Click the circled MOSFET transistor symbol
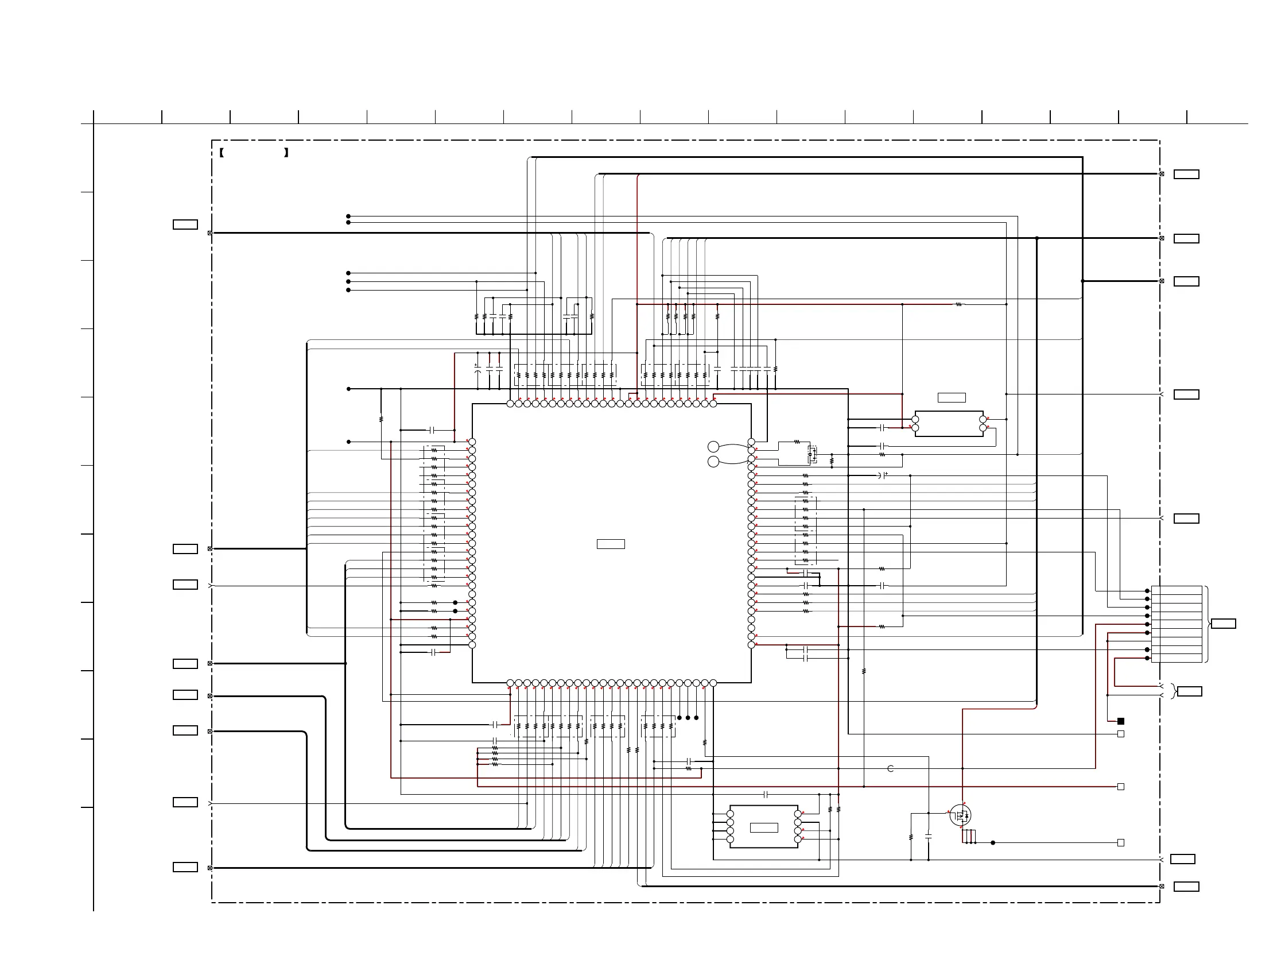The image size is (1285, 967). point(960,815)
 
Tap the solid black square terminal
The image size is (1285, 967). point(1121,721)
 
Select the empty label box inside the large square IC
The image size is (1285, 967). point(611,544)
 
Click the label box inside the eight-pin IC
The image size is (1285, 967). point(764,827)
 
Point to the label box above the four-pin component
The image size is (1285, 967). point(952,397)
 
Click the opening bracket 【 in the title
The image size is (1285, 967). point(222,153)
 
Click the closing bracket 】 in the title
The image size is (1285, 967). point(286,153)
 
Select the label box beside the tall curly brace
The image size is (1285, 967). point(1223,624)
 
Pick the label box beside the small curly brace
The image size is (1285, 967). point(1189,691)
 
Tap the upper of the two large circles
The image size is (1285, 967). point(713,446)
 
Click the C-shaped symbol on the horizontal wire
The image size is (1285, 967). point(891,768)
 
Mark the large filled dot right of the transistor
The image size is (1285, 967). point(993,842)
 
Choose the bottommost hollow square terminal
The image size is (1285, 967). point(1121,842)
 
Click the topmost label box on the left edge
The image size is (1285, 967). point(185,225)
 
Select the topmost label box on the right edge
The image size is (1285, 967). point(1186,175)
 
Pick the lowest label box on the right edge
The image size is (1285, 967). point(1186,886)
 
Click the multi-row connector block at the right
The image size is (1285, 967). point(1177,624)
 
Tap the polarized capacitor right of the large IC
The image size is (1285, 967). point(883,475)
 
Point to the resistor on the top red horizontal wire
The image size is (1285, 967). point(958,304)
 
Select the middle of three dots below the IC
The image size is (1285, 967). point(688,718)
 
